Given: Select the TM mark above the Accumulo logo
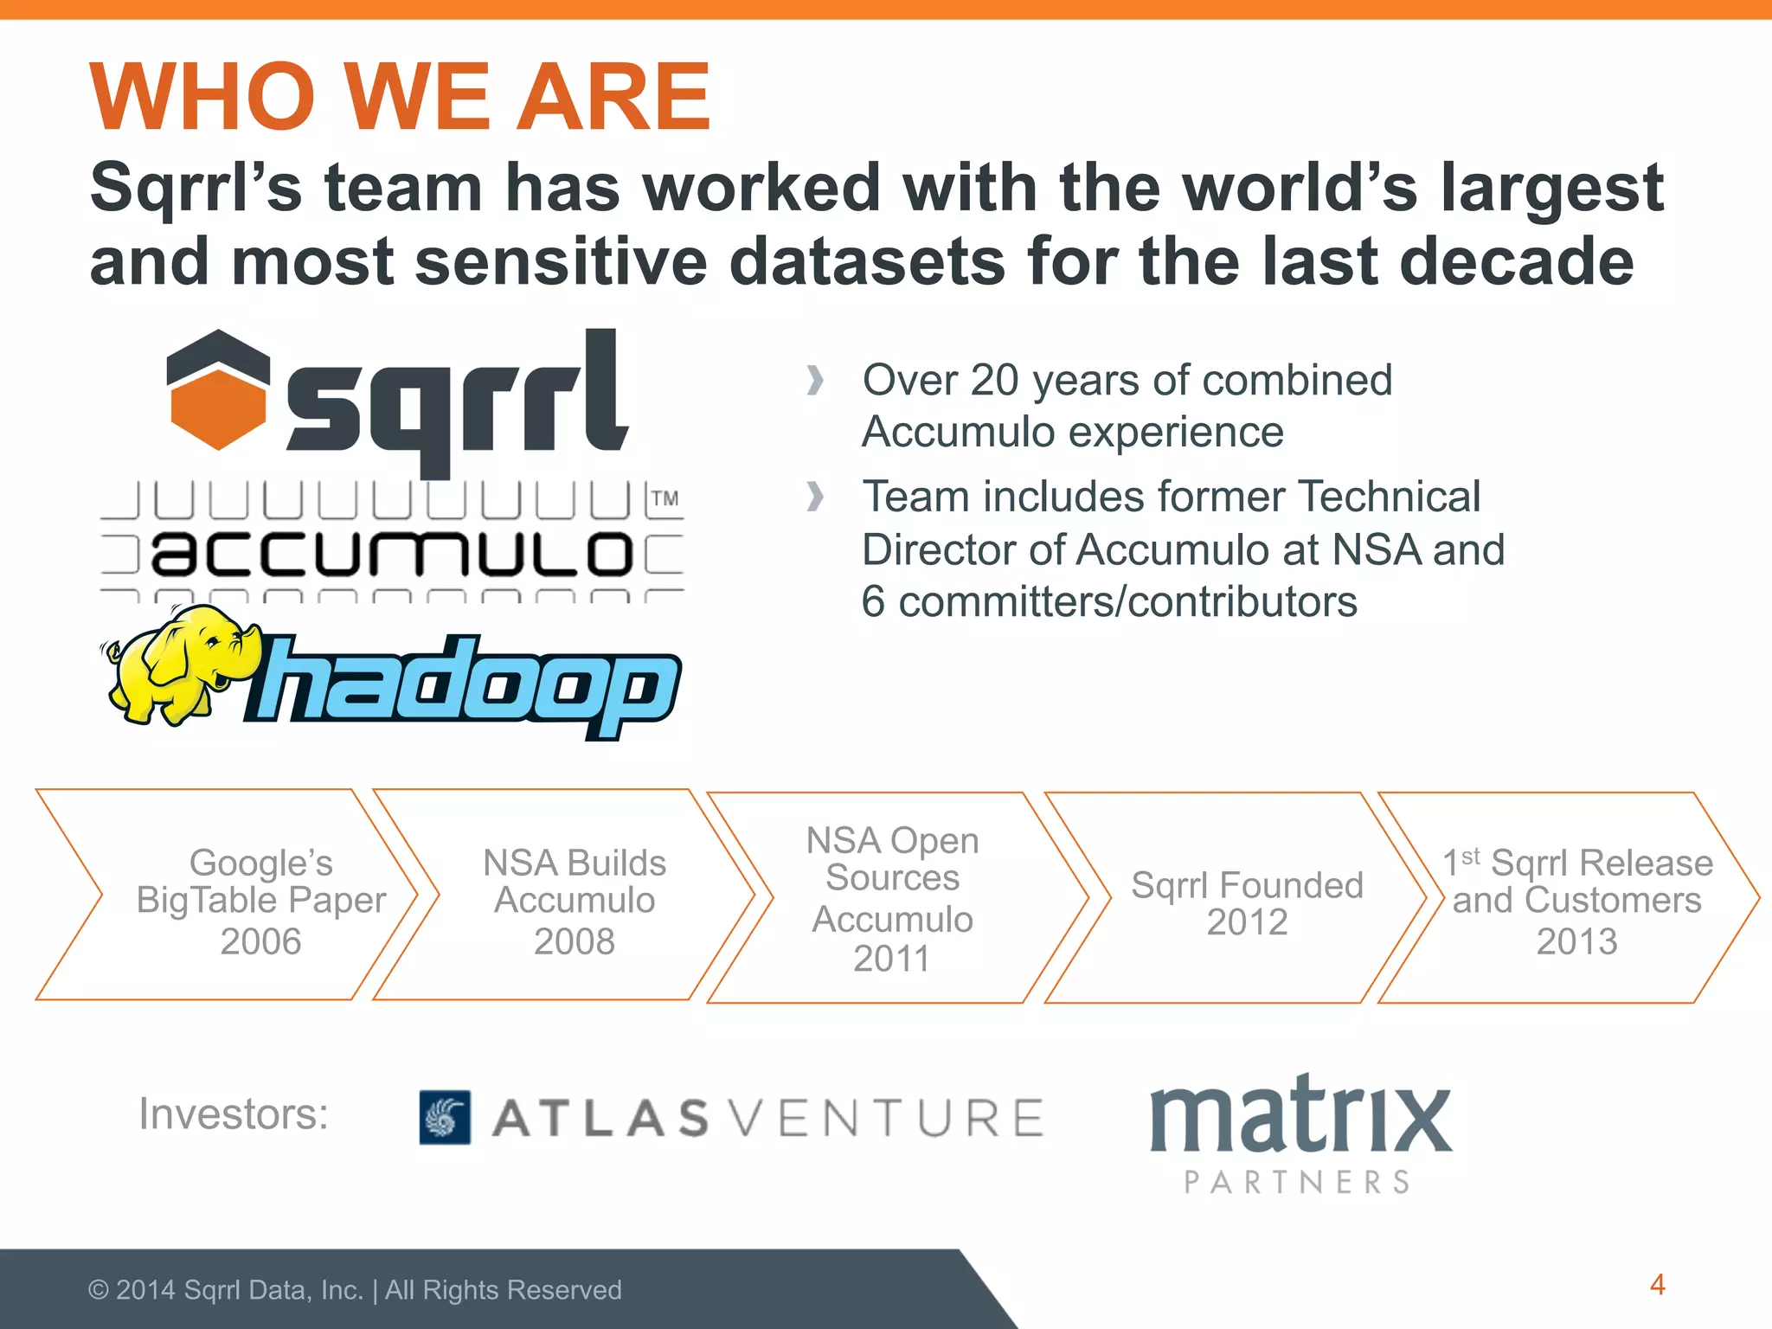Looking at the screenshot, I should [664, 499].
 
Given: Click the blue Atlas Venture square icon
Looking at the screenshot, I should [445, 1117].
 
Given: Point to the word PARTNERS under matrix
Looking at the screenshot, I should [1297, 1182].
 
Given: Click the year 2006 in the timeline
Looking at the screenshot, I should [260, 941].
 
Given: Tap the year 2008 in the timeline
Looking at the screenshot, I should [575, 941].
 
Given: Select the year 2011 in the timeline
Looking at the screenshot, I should [892, 959].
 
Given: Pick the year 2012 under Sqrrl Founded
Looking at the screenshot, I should [1247, 922].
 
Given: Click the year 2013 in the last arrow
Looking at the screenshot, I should [1576, 941].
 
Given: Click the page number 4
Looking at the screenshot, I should [1657, 1285].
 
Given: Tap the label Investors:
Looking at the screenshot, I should [234, 1114].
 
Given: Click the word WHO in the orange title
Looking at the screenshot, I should [203, 97].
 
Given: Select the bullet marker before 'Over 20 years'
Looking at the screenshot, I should [814, 380].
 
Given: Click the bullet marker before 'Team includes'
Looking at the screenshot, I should [814, 497].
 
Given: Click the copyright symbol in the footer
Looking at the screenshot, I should [98, 1290].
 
